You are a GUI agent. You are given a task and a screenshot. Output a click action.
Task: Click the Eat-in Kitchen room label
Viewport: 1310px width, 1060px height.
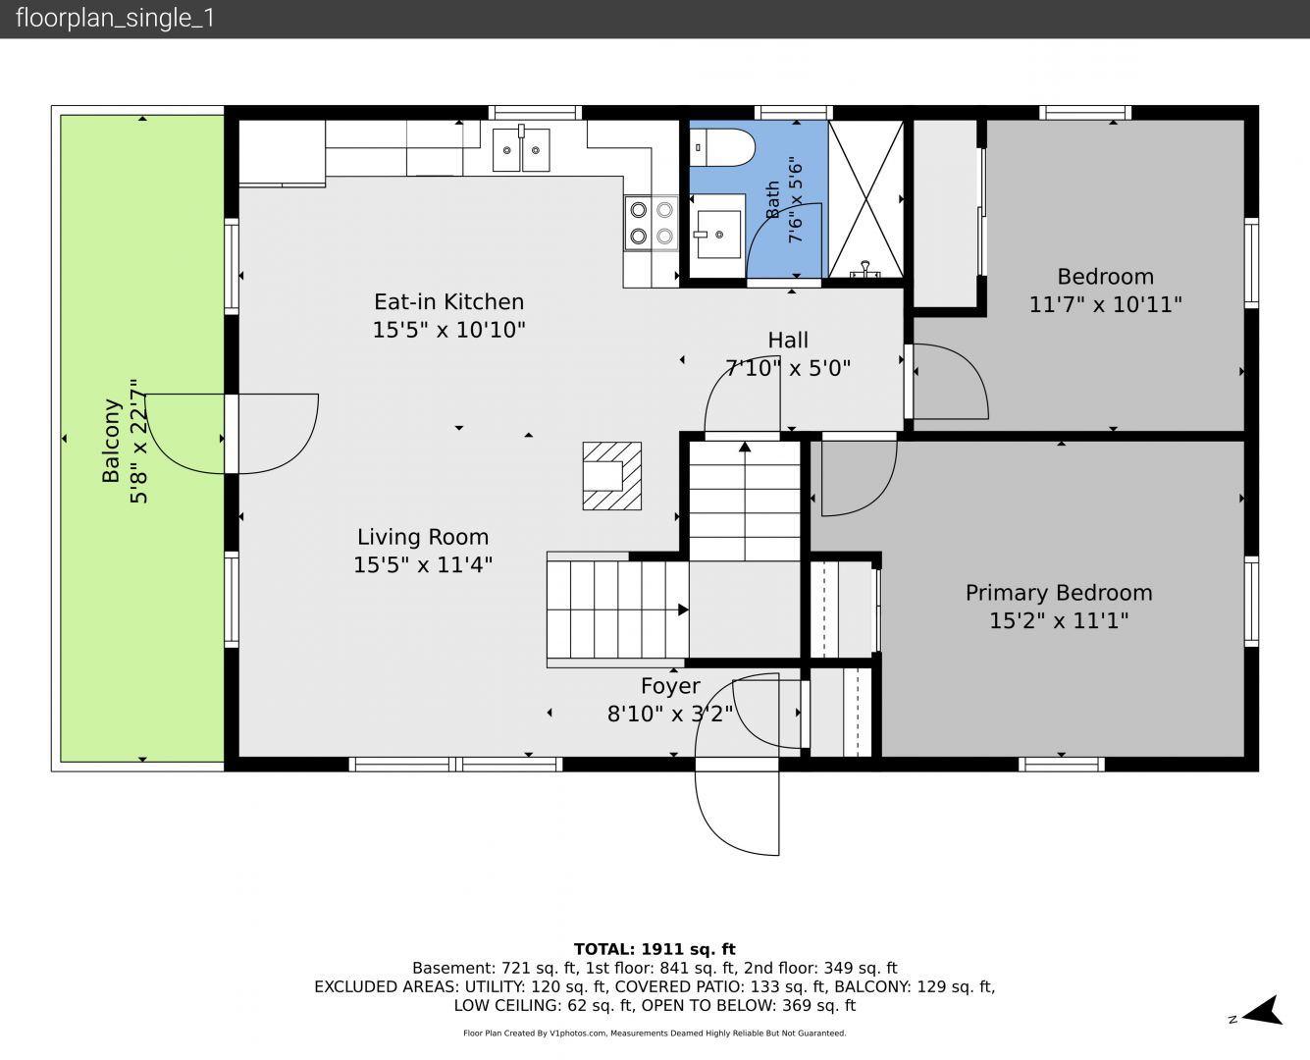[x=449, y=302]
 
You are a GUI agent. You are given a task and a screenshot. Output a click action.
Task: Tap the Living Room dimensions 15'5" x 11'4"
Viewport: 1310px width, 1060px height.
[x=423, y=564]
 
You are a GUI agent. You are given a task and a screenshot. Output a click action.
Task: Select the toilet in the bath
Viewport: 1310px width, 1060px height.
[x=721, y=147]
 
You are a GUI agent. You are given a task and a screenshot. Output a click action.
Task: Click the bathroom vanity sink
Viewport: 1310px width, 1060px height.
[x=718, y=235]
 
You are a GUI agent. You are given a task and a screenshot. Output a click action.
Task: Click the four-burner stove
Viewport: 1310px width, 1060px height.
[x=652, y=224]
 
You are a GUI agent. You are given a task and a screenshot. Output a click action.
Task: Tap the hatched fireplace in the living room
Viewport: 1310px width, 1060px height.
[x=612, y=476]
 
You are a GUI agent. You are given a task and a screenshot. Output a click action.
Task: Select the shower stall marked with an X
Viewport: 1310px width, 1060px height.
[x=865, y=199]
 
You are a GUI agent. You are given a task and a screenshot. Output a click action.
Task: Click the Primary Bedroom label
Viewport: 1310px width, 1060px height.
[x=1059, y=593]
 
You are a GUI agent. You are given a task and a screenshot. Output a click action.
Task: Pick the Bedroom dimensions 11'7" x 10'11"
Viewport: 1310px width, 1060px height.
[x=1105, y=304]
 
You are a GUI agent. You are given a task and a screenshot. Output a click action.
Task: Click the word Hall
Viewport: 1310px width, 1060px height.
[x=788, y=341]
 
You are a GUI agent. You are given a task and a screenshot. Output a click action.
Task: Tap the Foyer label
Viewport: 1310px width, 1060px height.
[x=670, y=686]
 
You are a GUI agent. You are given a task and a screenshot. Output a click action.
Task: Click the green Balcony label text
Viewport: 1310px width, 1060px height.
[x=111, y=441]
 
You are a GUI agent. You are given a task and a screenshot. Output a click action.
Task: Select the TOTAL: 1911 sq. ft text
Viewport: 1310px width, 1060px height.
[x=655, y=949]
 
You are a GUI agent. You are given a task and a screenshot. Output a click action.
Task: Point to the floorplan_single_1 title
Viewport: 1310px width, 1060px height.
[x=115, y=19]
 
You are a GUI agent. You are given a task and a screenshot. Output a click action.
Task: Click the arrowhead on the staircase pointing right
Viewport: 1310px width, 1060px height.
[x=683, y=609]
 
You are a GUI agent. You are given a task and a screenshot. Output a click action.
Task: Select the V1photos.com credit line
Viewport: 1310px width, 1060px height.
[x=655, y=1033]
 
